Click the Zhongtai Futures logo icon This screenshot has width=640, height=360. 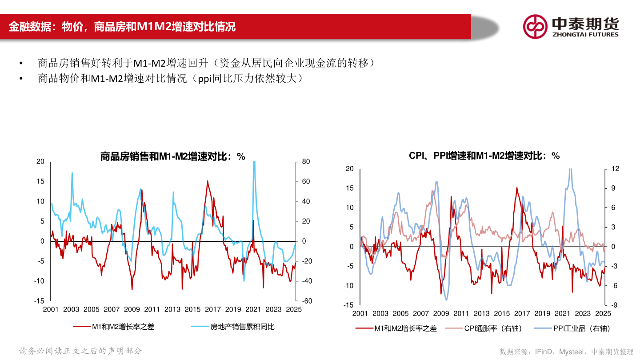pyautogui.click(x=535, y=26)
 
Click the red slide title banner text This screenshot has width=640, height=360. pyautogui.click(x=122, y=27)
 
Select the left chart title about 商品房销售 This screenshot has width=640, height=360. pyautogui.click(x=173, y=156)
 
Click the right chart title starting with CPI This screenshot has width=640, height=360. pyautogui.click(x=484, y=156)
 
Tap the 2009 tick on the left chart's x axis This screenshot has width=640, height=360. pyautogui.click(x=132, y=310)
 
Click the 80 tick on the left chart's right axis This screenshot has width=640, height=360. pyautogui.click(x=306, y=162)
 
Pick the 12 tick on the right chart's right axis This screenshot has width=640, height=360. pyautogui.click(x=615, y=169)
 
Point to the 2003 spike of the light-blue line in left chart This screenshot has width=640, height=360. pyautogui.click(x=72, y=173)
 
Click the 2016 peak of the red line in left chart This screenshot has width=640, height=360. pyautogui.click(x=207, y=181)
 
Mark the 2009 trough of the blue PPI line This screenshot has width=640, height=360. pyautogui.click(x=446, y=300)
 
